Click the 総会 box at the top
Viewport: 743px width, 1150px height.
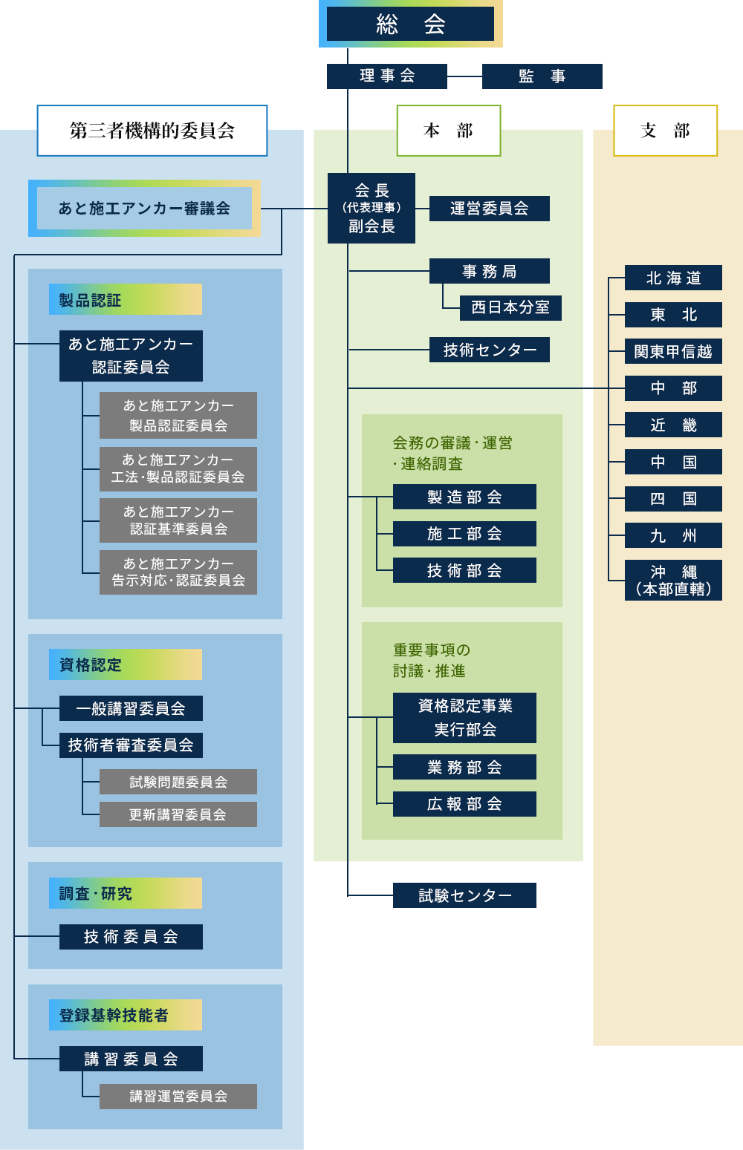pyautogui.click(x=410, y=24)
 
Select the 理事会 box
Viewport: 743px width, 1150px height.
pyautogui.click(x=387, y=76)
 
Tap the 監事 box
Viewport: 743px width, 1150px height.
pyautogui.click(x=542, y=76)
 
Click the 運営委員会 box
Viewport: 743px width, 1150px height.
pyautogui.click(x=489, y=209)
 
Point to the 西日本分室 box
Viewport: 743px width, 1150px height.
pyautogui.click(x=510, y=307)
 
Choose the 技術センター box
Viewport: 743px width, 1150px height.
pyautogui.click(x=489, y=350)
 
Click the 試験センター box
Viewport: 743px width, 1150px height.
pyautogui.click(x=464, y=896)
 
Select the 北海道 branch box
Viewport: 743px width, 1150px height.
pyautogui.click(x=673, y=278)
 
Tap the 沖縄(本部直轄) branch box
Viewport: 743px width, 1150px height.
pyautogui.click(x=673, y=581)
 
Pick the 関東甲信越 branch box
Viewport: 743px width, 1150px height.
pyautogui.click(x=673, y=351)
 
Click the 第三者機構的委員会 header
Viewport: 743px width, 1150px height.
pyautogui.click(x=152, y=131)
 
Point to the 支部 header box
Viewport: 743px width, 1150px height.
pyautogui.click(x=665, y=131)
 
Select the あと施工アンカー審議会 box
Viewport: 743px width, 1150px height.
pyautogui.click(x=144, y=209)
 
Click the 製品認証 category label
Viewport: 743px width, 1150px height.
pyautogui.click(x=126, y=300)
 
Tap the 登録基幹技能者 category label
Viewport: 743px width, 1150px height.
pyautogui.click(x=126, y=1015)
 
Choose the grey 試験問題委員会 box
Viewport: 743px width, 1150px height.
pyautogui.click(x=178, y=782)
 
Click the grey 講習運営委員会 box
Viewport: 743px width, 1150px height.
pyautogui.click(x=178, y=1097)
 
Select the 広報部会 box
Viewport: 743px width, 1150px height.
pyautogui.click(x=464, y=804)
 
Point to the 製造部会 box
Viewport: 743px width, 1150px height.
pyautogui.click(x=464, y=497)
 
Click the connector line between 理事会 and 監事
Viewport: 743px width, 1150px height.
pyautogui.click(x=464, y=76)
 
